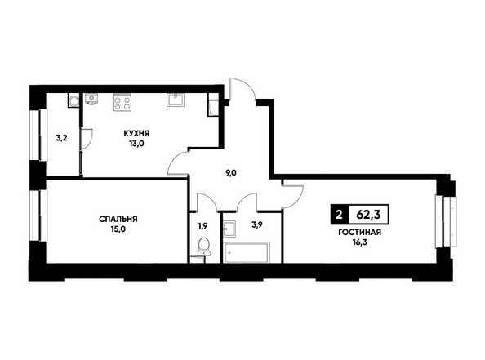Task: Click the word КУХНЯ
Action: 136,134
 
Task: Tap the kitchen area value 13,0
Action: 136,144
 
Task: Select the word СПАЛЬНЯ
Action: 118,220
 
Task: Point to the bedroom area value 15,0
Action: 118,229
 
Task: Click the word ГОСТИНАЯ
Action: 359,233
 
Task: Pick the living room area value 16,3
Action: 360,242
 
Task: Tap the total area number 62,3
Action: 368,215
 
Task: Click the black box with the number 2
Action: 340,215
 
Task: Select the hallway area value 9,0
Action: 231,173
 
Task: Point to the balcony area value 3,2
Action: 61,138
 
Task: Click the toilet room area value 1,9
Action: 203,226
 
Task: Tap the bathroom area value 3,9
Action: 257,225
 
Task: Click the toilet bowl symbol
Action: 203,246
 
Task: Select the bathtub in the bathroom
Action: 247,252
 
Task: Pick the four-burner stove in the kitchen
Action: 122,102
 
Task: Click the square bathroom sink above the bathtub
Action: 229,229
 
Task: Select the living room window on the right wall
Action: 446,221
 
